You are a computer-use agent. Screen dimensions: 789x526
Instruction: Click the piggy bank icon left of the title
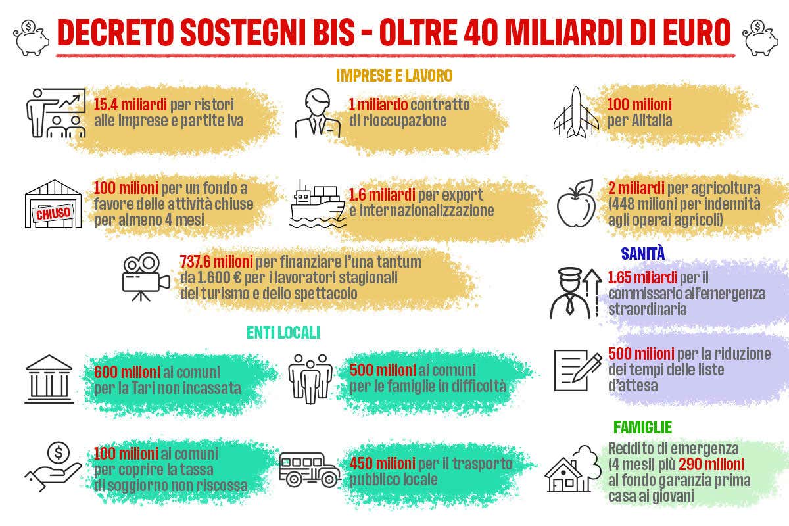click(31, 37)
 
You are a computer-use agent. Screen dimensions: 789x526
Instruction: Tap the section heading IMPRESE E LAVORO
click(394, 76)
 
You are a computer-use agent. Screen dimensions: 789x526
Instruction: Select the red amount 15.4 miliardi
click(130, 105)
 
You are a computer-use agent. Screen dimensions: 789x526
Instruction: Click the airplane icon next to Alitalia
click(576, 112)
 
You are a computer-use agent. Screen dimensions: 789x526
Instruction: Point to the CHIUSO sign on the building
click(53, 213)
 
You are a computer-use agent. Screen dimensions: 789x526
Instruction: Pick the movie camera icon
click(146, 277)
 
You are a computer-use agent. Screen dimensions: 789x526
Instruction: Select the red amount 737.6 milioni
click(216, 262)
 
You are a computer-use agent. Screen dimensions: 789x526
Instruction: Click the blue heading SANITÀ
click(643, 253)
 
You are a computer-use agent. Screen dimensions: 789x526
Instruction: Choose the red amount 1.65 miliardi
click(642, 277)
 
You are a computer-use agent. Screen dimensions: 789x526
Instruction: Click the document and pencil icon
click(578, 371)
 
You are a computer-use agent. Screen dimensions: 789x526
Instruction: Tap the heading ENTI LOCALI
click(283, 333)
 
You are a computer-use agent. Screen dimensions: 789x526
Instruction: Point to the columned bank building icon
click(49, 379)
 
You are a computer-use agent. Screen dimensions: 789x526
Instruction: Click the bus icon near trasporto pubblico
click(310, 470)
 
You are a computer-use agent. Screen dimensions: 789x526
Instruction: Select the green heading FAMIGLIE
click(642, 427)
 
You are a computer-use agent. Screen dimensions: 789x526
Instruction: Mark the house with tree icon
click(573, 469)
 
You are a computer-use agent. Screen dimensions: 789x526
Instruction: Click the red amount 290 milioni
click(711, 464)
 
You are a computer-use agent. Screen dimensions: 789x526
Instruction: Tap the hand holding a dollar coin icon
click(53, 467)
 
